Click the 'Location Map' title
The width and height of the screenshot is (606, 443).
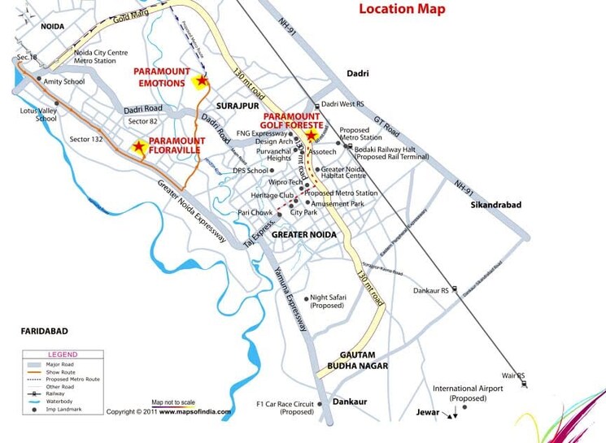tap(402, 10)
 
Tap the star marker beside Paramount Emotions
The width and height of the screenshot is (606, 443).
tap(201, 80)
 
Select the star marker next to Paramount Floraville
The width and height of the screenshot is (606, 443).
tap(139, 147)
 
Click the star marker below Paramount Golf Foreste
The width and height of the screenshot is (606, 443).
tap(311, 137)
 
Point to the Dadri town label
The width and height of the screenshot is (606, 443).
tap(358, 74)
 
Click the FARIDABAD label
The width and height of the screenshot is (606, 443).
tap(44, 332)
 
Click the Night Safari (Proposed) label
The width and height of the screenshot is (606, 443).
tap(328, 302)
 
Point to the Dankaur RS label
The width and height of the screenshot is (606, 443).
tap(430, 289)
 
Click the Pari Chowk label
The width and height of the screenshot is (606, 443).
tap(255, 213)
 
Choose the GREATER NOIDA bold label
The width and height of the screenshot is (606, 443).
tap(303, 235)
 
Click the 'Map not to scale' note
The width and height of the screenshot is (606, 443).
tap(173, 402)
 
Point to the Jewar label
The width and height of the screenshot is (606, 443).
tap(427, 413)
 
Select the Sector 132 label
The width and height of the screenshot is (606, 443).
tap(86, 140)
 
